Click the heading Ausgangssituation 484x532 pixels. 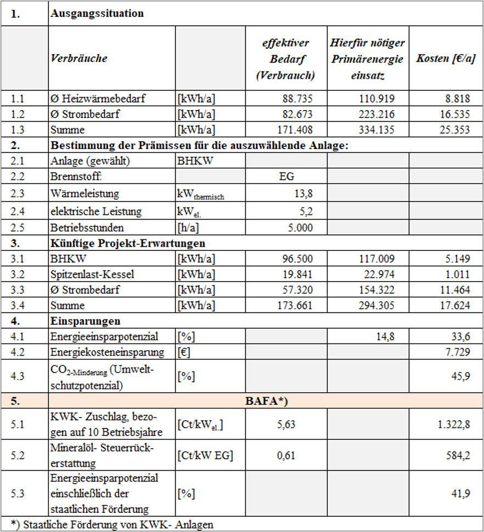coord(97,14)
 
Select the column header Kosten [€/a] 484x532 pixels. coord(446,59)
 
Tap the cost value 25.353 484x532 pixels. coord(455,130)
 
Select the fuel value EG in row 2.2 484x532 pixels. coord(286,176)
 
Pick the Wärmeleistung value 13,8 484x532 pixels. coord(302,193)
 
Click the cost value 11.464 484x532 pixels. coord(455,289)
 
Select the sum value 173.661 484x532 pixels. coord(295,305)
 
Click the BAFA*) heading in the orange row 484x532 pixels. coord(266,401)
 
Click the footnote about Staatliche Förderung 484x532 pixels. coord(112,524)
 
